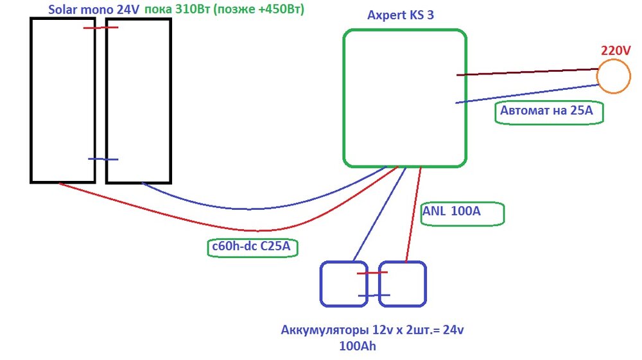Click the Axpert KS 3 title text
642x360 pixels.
click(400, 15)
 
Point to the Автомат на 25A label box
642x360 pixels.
click(550, 112)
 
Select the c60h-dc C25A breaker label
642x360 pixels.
click(254, 247)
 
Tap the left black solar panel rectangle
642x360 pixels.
click(62, 100)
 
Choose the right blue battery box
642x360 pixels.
click(403, 283)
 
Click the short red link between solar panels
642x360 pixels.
click(101, 28)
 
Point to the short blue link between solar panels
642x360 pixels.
click(103, 159)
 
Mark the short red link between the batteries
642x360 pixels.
click(372, 273)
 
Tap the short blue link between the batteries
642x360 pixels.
click(374, 295)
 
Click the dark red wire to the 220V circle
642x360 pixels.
click(526, 72)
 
